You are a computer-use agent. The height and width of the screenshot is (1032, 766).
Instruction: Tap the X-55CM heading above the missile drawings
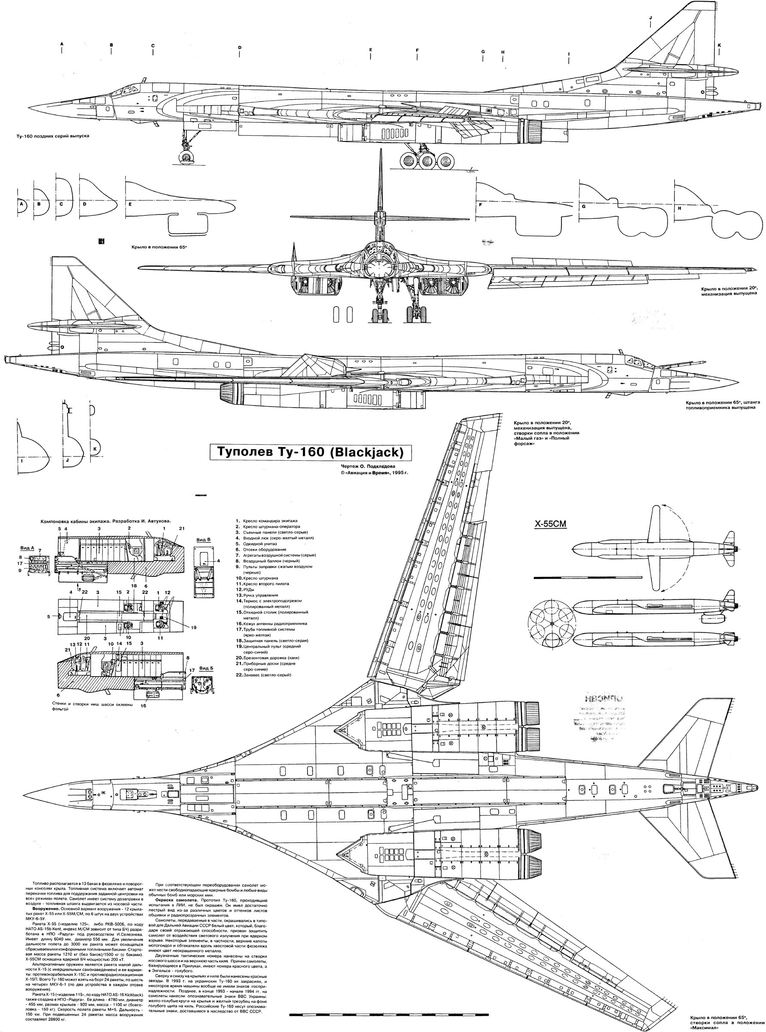[x=551, y=524]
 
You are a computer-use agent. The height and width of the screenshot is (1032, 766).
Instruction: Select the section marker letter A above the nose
[x=62, y=44]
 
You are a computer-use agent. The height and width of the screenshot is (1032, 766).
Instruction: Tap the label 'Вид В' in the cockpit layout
[x=203, y=540]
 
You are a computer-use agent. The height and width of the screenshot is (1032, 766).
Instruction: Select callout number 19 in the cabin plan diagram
[x=193, y=628]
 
